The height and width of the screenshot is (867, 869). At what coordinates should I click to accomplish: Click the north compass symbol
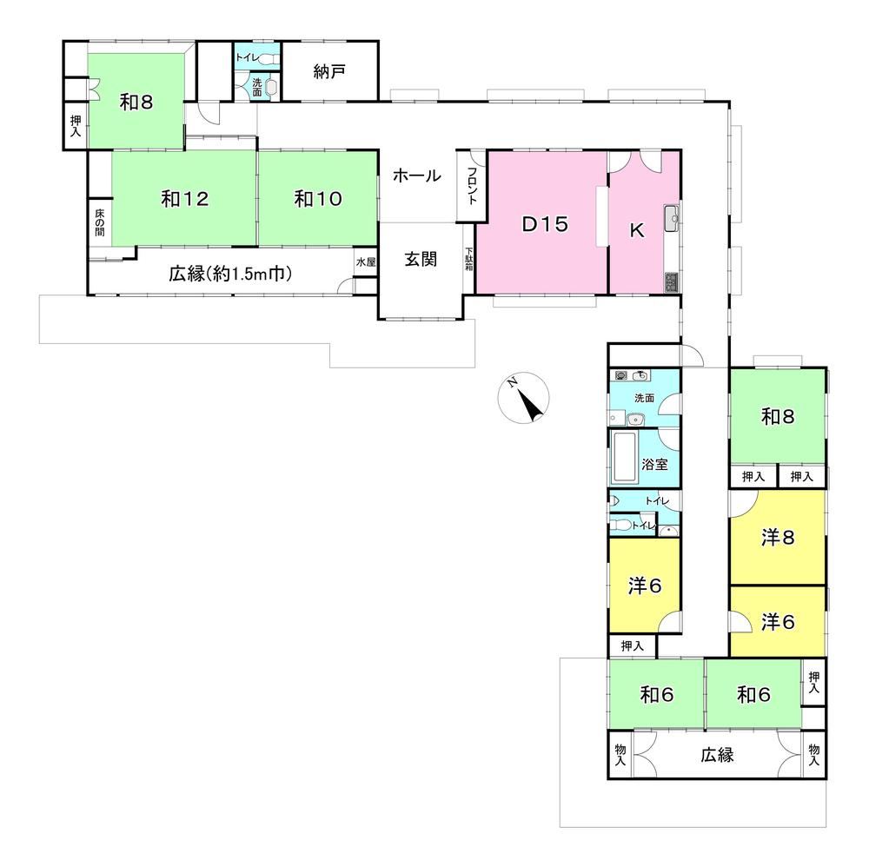pyautogui.click(x=523, y=399)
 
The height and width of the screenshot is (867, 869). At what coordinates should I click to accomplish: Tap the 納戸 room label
pyautogui.click(x=329, y=71)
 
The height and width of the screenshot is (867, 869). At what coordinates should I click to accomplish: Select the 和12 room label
pyautogui.click(x=184, y=198)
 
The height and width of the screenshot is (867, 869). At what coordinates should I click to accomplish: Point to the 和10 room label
pyautogui.click(x=318, y=198)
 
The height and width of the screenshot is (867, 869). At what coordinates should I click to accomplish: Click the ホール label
pyautogui.click(x=417, y=175)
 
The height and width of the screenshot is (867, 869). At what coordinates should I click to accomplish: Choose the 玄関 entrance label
pyautogui.click(x=421, y=259)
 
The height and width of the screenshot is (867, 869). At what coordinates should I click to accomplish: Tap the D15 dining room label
pyautogui.click(x=546, y=224)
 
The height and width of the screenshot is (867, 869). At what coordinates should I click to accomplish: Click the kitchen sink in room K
pyautogui.click(x=672, y=218)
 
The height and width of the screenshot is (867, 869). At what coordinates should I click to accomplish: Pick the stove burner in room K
pyautogui.click(x=672, y=282)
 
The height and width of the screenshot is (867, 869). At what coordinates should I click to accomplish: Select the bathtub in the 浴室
pyautogui.click(x=625, y=457)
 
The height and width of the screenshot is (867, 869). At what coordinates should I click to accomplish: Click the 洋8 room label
pyautogui.click(x=778, y=538)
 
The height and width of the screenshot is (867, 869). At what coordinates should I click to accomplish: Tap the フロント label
pyautogui.click(x=472, y=186)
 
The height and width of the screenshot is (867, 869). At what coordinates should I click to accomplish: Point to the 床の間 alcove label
pyautogui.click(x=99, y=222)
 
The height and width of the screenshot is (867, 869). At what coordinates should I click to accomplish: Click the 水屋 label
pyautogui.click(x=366, y=262)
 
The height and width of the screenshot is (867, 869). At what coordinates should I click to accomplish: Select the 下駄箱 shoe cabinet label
pyautogui.click(x=469, y=259)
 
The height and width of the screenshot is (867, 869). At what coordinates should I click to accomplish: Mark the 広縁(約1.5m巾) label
pyautogui.click(x=230, y=273)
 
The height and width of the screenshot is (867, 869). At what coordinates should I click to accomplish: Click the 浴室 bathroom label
pyautogui.click(x=654, y=464)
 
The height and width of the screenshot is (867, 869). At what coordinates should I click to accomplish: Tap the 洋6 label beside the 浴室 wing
pyautogui.click(x=645, y=586)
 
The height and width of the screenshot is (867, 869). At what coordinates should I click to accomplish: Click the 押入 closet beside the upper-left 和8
pyautogui.click(x=76, y=126)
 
